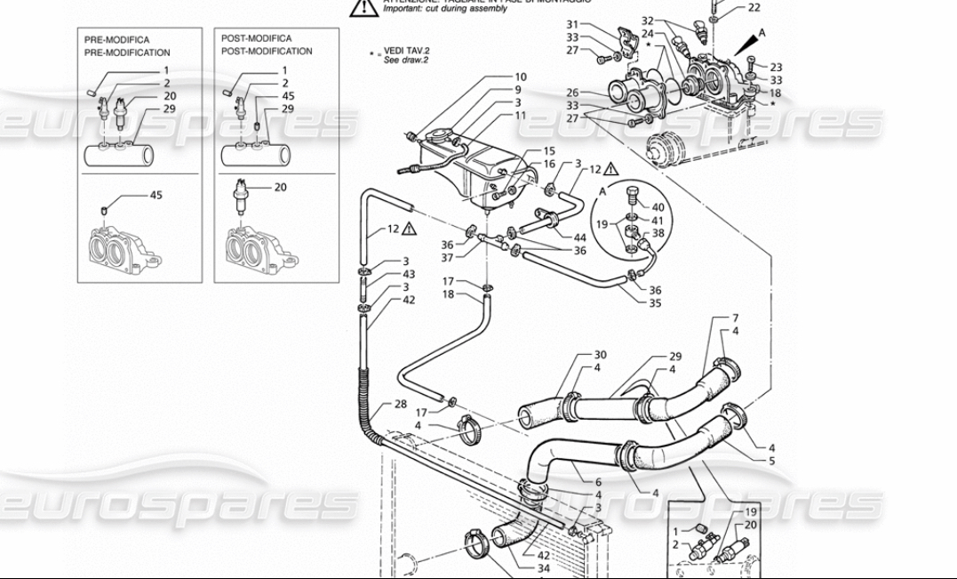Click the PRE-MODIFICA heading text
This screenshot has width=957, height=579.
pos(116,40)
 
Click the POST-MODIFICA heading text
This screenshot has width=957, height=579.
pos(256,39)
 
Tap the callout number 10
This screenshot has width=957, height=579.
pos(521,77)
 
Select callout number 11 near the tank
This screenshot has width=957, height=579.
pos(521,116)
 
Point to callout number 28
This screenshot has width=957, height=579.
pos(401,404)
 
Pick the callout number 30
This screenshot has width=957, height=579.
pos(600,356)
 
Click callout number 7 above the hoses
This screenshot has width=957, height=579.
pos(735,318)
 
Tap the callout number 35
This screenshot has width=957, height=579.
pos(655,302)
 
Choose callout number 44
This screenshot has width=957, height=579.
pos(580,237)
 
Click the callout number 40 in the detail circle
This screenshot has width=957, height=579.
pos(658,207)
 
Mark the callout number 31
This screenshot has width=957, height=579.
pos(572,25)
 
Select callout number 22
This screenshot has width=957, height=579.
pos(754,8)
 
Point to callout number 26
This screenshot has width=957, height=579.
pos(572,92)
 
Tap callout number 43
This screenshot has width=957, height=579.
pos(409,274)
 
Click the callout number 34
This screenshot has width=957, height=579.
pos(543,568)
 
